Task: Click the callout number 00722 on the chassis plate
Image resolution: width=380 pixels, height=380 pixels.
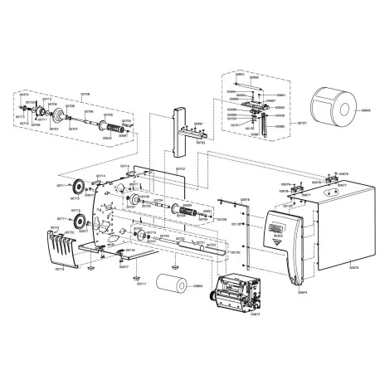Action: [x=180, y=169]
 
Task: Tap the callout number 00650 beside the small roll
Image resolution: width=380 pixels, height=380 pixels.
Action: [x=197, y=287]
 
